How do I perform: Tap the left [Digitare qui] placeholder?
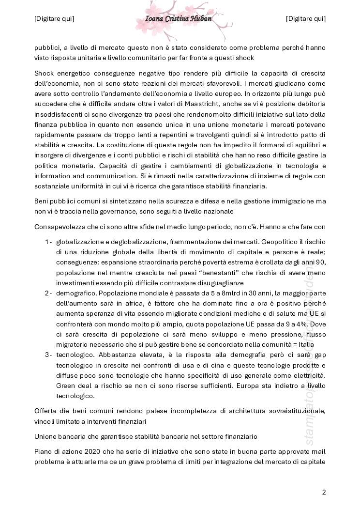coord(54,19)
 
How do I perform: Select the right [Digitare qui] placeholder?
coord(306,19)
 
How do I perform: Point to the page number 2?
coord(324,492)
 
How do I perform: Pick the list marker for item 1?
coord(48,242)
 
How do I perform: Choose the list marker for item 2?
coord(48,293)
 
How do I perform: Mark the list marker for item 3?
coord(48,355)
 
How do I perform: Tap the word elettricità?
coord(308,376)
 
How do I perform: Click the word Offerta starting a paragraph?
coord(46,411)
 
